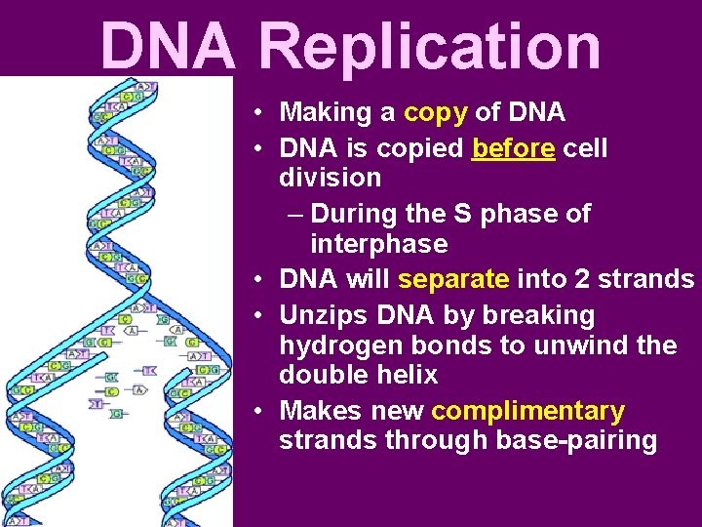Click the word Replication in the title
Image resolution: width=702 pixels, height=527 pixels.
click(x=431, y=47)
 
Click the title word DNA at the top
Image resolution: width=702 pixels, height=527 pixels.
click(x=168, y=47)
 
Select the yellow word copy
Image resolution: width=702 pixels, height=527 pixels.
click(x=435, y=112)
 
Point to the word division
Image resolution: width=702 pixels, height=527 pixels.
click(x=330, y=178)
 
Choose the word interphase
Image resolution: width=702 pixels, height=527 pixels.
click(x=378, y=243)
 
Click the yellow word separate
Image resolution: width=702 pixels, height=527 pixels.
click(x=453, y=279)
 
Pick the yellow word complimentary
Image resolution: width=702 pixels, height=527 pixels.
click(x=527, y=411)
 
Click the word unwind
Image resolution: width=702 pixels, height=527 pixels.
click(x=586, y=345)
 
